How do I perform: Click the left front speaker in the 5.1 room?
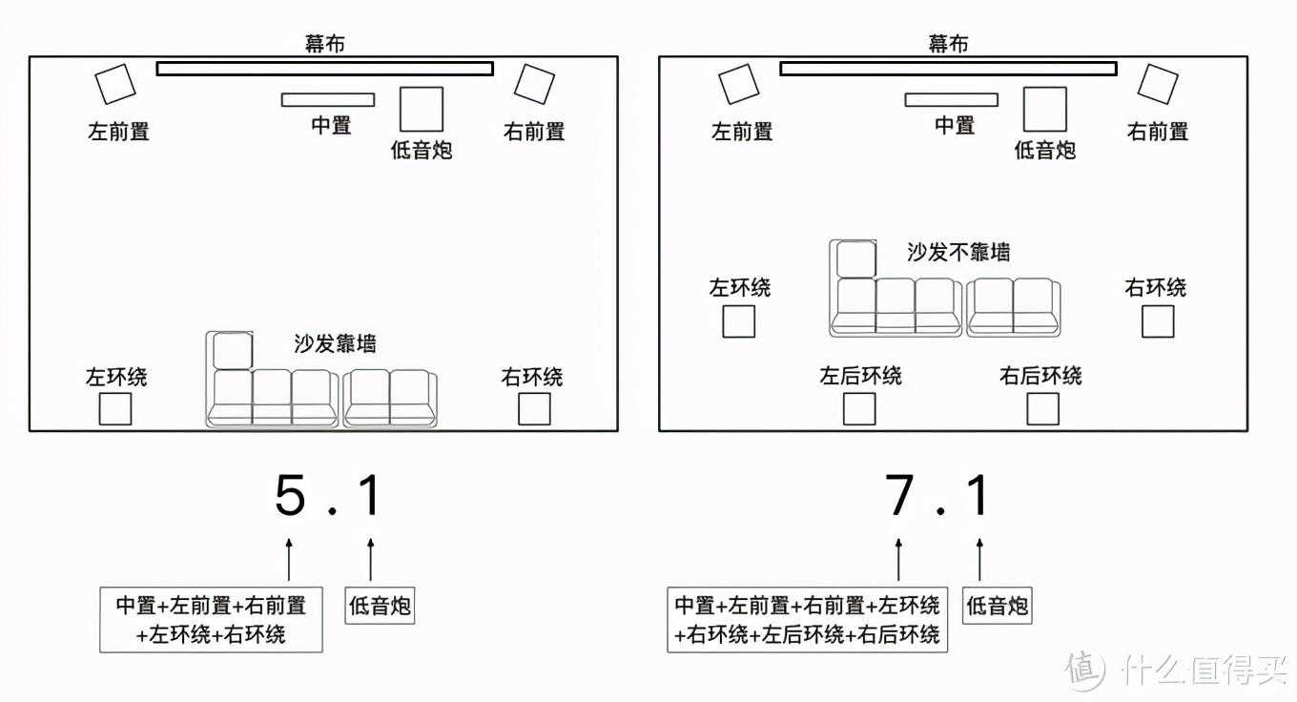tap(116, 84)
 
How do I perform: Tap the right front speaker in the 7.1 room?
tap(1157, 84)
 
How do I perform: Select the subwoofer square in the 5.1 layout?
tap(421, 109)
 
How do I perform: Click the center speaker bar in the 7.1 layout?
tap(951, 99)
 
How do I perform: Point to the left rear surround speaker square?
tap(858, 408)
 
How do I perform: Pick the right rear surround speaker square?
tap(1042, 408)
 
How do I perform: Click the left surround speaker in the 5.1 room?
tap(115, 408)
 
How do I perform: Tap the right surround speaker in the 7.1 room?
tap(1158, 321)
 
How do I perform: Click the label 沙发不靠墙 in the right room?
tap(958, 253)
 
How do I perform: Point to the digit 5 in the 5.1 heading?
tap(290, 496)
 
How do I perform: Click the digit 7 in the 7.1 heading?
tap(899, 496)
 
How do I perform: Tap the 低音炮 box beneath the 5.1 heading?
tap(381, 605)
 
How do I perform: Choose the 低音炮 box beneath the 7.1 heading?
tap(997, 605)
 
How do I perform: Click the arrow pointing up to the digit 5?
tap(289, 556)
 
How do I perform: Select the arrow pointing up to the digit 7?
tap(898, 556)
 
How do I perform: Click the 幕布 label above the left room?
tap(324, 43)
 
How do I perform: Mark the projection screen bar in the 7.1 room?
tap(948, 68)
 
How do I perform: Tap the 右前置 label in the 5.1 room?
tap(534, 132)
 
